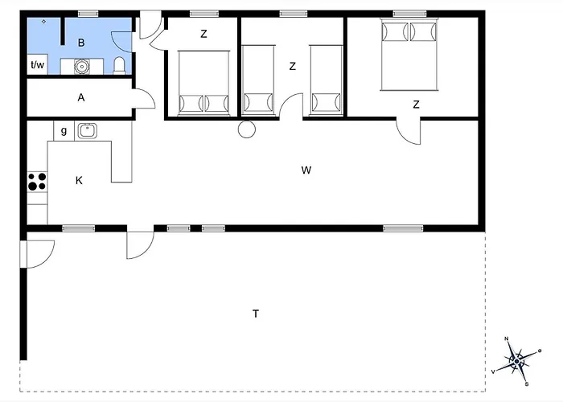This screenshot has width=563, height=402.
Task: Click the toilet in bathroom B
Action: click(x=119, y=65)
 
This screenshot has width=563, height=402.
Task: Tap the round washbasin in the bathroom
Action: click(x=82, y=67)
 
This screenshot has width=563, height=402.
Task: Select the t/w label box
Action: click(x=37, y=64)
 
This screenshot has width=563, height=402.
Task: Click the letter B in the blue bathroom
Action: click(x=81, y=43)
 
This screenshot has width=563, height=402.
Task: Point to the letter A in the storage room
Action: click(x=81, y=97)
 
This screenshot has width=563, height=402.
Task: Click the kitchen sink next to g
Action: click(x=87, y=130)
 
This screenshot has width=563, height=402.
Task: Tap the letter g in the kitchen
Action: click(x=64, y=130)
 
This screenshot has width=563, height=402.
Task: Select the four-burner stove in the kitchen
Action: click(x=37, y=181)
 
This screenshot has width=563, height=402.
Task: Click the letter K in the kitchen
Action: click(x=79, y=180)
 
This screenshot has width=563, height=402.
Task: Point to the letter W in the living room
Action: click(x=306, y=170)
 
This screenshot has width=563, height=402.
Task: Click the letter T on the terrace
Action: click(x=256, y=314)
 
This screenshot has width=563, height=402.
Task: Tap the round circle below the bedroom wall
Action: click(x=247, y=129)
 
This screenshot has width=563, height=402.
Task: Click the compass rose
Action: click(x=516, y=361)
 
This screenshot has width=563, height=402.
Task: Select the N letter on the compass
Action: click(x=507, y=338)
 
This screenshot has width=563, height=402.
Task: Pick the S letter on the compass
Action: click(x=527, y=384)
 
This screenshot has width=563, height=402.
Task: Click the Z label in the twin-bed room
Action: click(x=292, y=67)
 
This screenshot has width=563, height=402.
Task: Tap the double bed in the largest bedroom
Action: click(x=409, y=54)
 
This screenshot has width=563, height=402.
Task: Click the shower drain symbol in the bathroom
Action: click(x=43, y=22)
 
